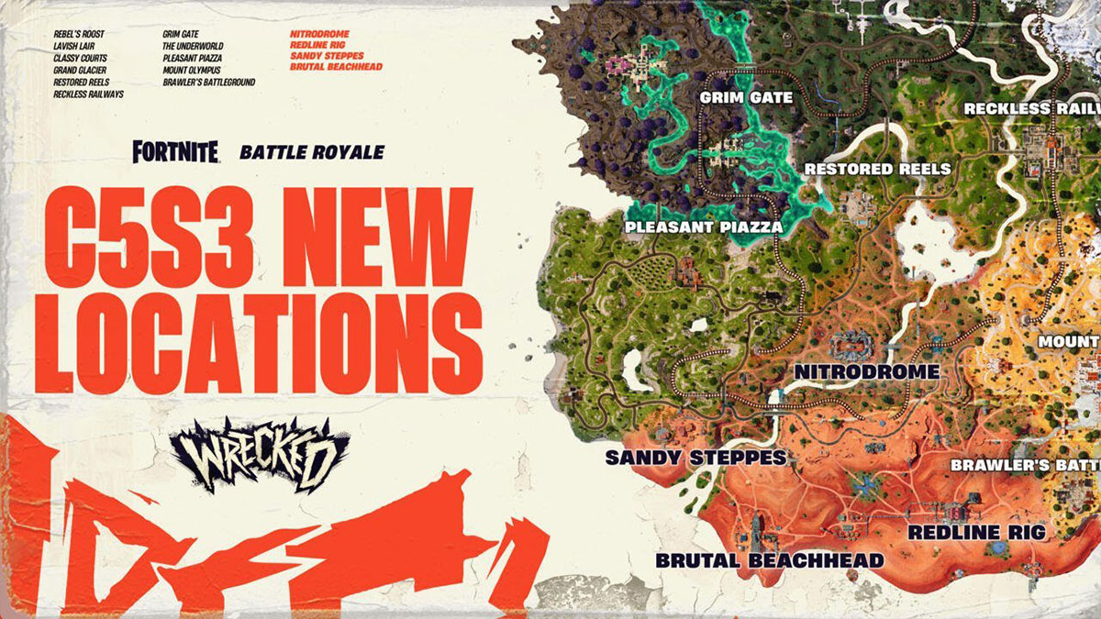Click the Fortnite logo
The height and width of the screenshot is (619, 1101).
175,152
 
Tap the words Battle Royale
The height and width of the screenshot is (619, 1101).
311,152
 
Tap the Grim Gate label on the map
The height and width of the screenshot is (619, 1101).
740,96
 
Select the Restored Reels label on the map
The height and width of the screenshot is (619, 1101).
877,169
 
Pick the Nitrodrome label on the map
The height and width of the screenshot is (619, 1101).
866,372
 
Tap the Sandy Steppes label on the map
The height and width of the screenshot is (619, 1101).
695,457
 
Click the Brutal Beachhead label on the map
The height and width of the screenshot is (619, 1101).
770,559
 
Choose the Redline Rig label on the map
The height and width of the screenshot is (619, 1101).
976,532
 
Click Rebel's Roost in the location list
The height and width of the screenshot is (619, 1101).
79,35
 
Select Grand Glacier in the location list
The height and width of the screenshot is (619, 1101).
80,70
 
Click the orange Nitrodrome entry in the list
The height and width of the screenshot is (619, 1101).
319,35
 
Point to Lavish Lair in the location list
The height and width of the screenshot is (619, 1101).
75,47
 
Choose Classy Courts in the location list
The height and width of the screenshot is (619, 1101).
82,58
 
